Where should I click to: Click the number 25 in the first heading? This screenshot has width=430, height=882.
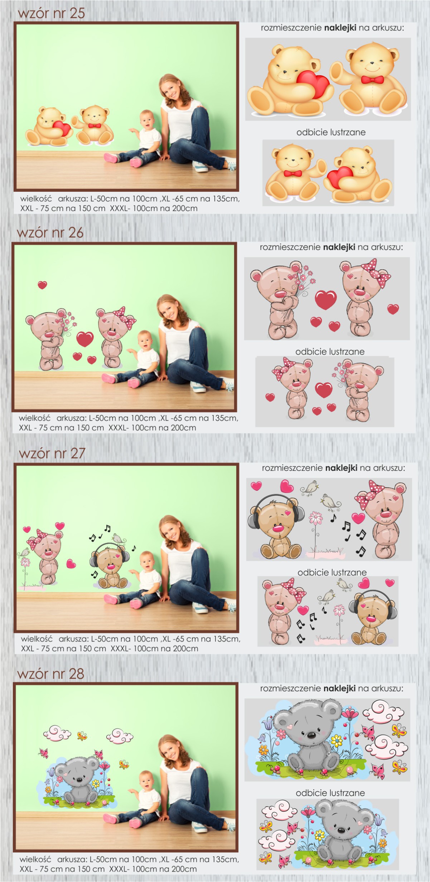pos(77,13)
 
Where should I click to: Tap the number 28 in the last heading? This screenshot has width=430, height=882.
pos(76,674)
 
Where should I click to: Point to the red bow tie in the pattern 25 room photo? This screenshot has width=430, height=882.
pos(94,126)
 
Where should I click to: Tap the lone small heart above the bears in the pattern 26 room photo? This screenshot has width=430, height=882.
pos(42,285)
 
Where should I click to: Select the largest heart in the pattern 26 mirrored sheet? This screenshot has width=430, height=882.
pos(324,390)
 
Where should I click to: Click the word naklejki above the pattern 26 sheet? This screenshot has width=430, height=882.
pos(339,247)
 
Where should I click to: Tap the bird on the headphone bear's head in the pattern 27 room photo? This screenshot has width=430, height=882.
pos(117,538)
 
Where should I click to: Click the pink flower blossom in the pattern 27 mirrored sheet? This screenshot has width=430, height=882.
pos(339,610)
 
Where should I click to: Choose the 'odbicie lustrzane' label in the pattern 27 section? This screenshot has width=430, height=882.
pos(332,572)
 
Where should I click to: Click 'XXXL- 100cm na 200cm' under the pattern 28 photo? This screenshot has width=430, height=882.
pos(153,869)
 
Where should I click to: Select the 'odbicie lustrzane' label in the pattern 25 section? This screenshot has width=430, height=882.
pos(331,132)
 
